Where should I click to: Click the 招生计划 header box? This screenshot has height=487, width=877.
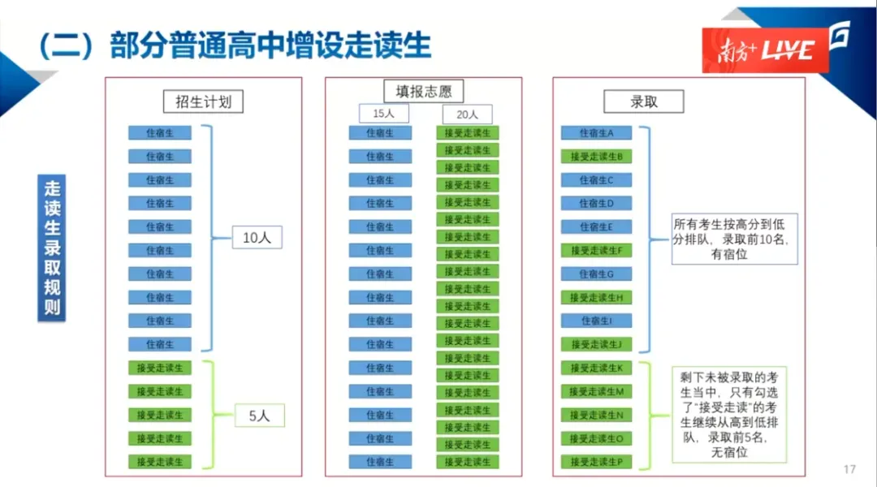pos(203,101)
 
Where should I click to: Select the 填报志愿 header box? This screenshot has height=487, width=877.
pos(423,91)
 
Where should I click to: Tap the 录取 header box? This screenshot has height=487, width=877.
pos(643,101)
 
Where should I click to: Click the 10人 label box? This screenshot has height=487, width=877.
pos(257,238)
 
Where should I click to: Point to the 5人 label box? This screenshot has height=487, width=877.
pos(259,416)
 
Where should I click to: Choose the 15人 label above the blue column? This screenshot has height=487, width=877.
pos(383,114)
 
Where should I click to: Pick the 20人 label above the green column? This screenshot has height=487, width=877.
pos(467,114)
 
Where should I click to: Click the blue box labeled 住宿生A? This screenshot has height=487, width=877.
pos(596,133)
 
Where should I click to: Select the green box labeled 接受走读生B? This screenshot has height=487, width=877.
pos(596,157)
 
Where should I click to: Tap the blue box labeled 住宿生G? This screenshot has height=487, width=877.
pos(596,274)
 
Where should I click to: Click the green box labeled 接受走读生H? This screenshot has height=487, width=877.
pos(596,298)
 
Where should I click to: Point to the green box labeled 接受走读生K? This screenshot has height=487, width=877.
pos(596,368)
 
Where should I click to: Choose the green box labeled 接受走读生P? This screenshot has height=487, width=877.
pos(596,462)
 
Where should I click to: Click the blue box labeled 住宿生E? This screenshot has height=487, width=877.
pos(596,227)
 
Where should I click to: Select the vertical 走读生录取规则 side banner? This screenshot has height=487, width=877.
pos(52,248)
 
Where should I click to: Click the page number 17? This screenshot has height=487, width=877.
pos(850,469)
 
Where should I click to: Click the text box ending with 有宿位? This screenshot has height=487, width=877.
pos(735,239)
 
